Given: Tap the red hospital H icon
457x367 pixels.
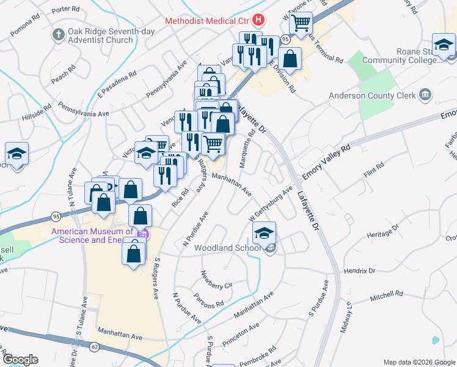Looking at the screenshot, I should point(259,20).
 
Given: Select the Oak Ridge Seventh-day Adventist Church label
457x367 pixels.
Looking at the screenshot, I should point(101,35).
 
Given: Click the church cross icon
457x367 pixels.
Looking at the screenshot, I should point(59,34).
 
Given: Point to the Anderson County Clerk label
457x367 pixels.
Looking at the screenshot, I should point(372,95).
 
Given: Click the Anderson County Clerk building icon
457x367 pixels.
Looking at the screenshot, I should point(425,95).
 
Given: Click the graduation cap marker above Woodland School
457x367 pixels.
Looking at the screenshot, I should point(264,233).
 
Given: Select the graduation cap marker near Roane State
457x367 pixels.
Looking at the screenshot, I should point(444,45).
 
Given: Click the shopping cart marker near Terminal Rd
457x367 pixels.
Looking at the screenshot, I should point(301,23).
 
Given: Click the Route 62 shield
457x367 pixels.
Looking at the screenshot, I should point(94,347).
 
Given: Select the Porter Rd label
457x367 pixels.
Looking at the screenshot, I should point(66,10).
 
